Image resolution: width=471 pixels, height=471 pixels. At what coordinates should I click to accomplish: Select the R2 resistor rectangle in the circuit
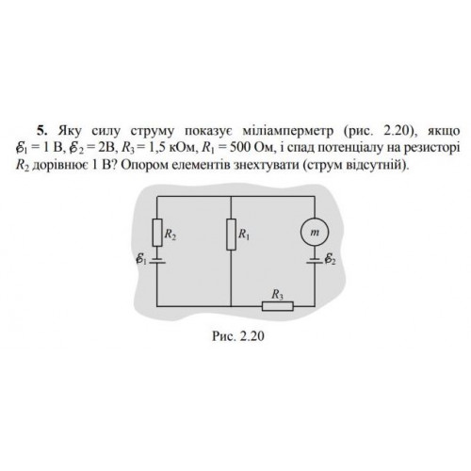[x=157, y=233]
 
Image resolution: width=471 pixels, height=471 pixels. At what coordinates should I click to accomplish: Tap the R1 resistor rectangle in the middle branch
[x=231, y=235]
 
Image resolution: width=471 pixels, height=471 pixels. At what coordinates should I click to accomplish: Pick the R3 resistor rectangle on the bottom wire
[x=278, y=306]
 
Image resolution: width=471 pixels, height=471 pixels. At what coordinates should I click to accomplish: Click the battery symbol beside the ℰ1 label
[x=157, y=260]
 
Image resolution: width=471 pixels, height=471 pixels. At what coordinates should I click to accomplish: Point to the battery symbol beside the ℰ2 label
[x=315, y=260]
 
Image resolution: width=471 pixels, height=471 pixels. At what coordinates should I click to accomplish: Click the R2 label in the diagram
[x=171, y=235]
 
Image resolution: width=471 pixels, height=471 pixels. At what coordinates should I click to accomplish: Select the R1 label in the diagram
[x=244, y=235]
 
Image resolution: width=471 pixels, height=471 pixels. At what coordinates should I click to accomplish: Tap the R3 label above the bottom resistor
[x=277, y=295]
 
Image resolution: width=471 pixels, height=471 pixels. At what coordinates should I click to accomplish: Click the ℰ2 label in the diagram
[x=330, y=259]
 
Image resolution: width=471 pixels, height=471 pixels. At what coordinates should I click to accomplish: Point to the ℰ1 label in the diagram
[x=141, y=259]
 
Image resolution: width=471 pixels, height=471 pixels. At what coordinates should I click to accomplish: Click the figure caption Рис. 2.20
[x=238, y=336]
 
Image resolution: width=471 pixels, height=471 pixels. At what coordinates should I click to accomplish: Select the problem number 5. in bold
[x=41, y=131]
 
